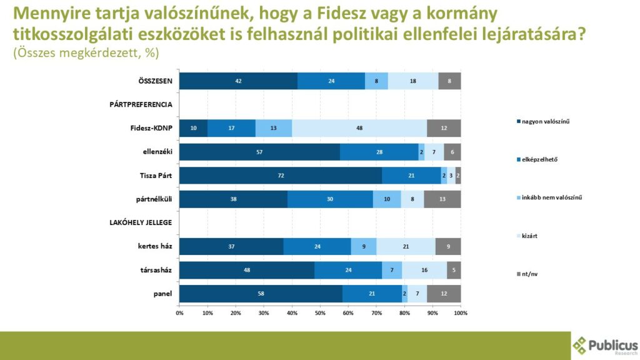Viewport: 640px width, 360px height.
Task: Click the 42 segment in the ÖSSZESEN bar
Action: (x=238, y=81)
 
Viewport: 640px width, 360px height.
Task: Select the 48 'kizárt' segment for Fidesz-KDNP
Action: (x=359, y=128)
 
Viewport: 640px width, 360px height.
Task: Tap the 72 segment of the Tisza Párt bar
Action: (x=281, y=175)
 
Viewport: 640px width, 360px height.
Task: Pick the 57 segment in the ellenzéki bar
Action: (x=259, y=152)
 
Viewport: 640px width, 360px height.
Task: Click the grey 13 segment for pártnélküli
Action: (x=442, y=199)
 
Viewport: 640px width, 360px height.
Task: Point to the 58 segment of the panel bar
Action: (x=261, y=294)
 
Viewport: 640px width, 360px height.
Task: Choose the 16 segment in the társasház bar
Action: (x=424, y=270)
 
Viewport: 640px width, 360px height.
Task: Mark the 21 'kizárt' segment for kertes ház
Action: (x=406, y=246)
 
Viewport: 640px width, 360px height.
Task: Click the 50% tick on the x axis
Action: (x=320, y=312)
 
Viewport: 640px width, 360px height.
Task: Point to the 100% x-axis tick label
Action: (x=460, y=312)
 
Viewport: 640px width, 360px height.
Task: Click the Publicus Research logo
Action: (x=605, y=346)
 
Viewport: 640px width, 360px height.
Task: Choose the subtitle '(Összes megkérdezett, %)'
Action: (x=86, y=54)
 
